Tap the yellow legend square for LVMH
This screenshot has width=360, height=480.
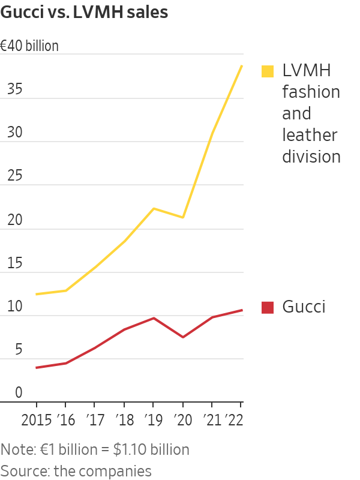pos(268,71)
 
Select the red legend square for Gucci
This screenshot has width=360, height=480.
pos(268,307)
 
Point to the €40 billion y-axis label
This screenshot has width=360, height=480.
pos(29,46)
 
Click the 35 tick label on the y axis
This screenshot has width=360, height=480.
pos(14,90)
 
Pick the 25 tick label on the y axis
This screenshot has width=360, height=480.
pos(14,177)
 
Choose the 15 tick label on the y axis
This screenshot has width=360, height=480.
pos(14,264)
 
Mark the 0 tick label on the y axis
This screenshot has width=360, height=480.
pos(19,393)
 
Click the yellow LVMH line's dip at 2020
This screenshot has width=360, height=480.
pos(182,217)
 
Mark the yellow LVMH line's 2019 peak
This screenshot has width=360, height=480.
pos(154,208)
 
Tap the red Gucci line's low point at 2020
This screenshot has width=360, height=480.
pos(182,337)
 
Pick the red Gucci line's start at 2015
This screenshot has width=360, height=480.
pos(37,367)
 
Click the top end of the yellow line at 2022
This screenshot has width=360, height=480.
pos(241,65)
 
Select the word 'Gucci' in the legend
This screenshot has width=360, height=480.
pos(304,307)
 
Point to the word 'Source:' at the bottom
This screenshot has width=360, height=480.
pos(25,471)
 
